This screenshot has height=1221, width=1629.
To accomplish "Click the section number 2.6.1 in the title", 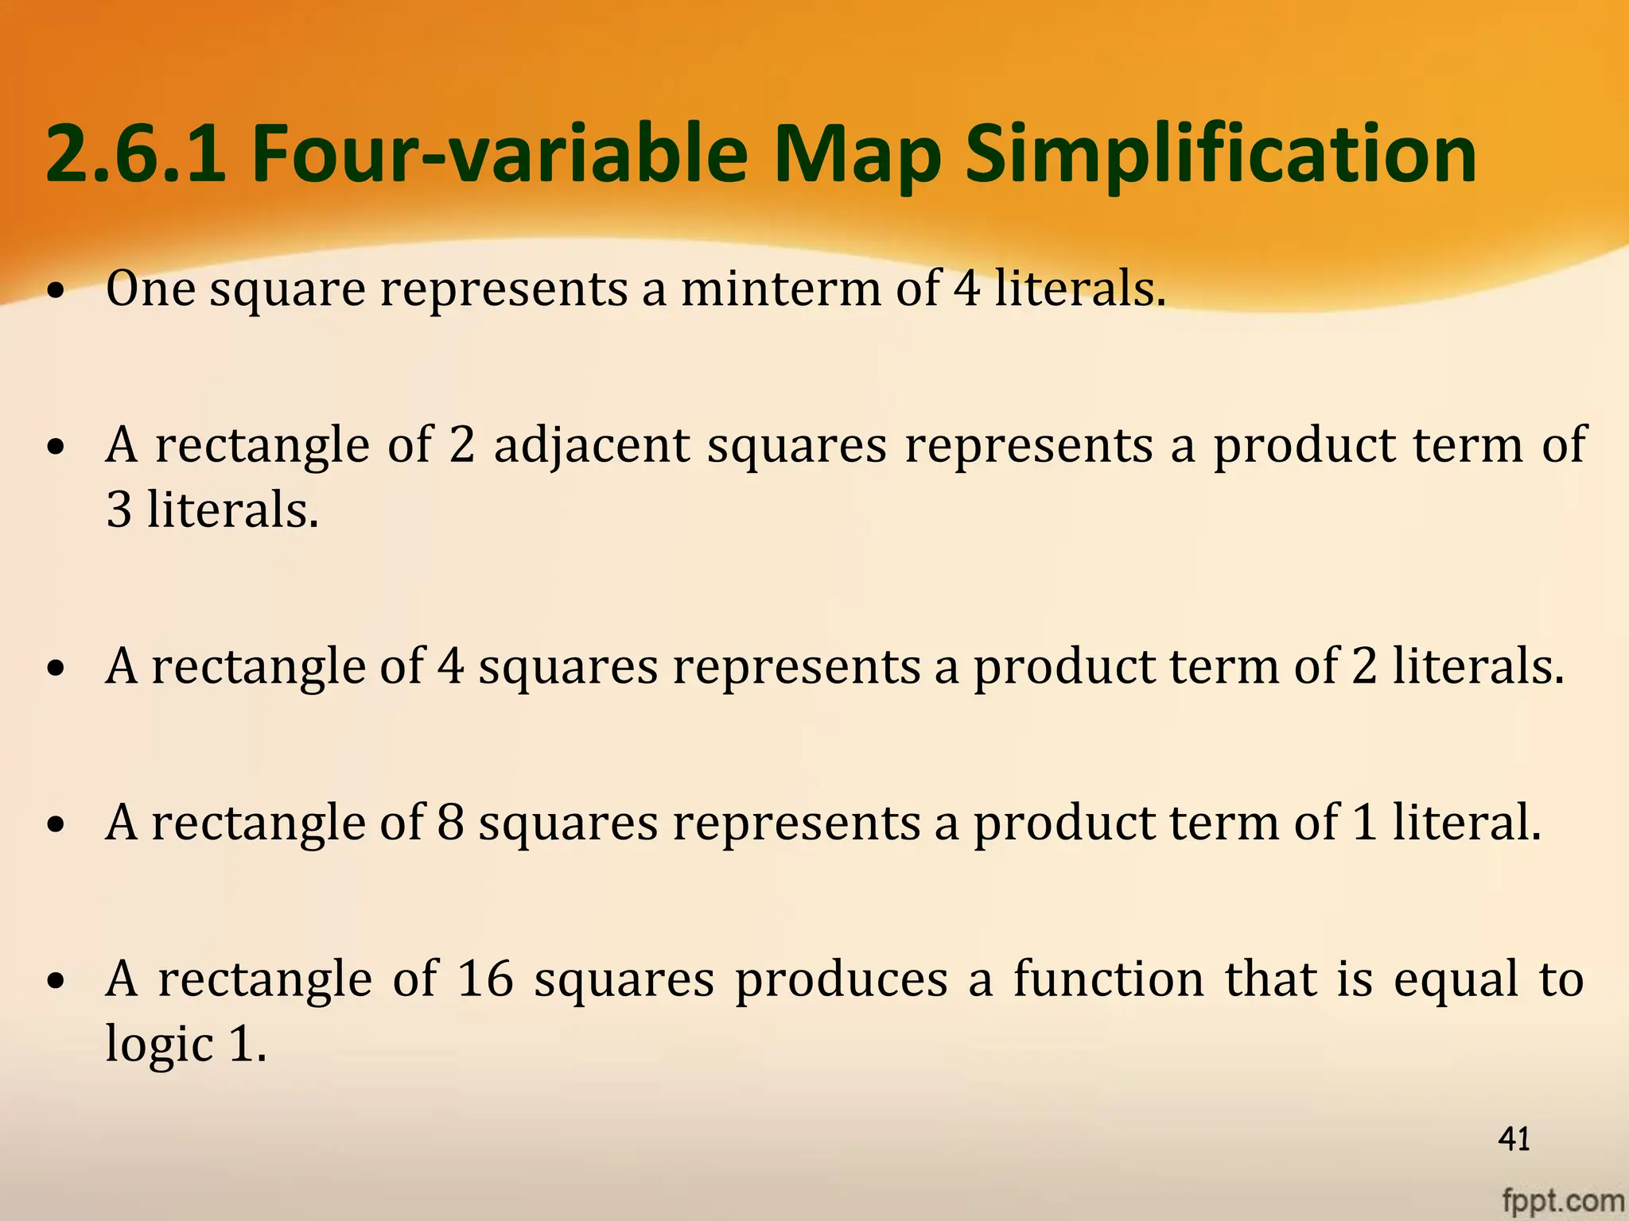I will pos(135,153).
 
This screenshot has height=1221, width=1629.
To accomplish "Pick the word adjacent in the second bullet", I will pos(592,444).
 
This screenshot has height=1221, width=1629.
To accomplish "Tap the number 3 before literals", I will pos(119,510).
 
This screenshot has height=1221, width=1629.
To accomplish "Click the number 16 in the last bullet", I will pos(485,979).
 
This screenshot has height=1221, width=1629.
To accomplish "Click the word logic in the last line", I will pos(159,1045).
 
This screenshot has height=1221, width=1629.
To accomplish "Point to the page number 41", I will pos(1514,1139).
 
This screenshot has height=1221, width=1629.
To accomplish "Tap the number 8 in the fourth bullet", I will pos(450,822).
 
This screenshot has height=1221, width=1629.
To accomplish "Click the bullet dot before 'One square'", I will pos(55,293).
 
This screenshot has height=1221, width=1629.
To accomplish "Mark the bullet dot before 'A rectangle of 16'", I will pos(55,983).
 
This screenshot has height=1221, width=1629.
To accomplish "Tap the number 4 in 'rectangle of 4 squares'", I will pos(450,666).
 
